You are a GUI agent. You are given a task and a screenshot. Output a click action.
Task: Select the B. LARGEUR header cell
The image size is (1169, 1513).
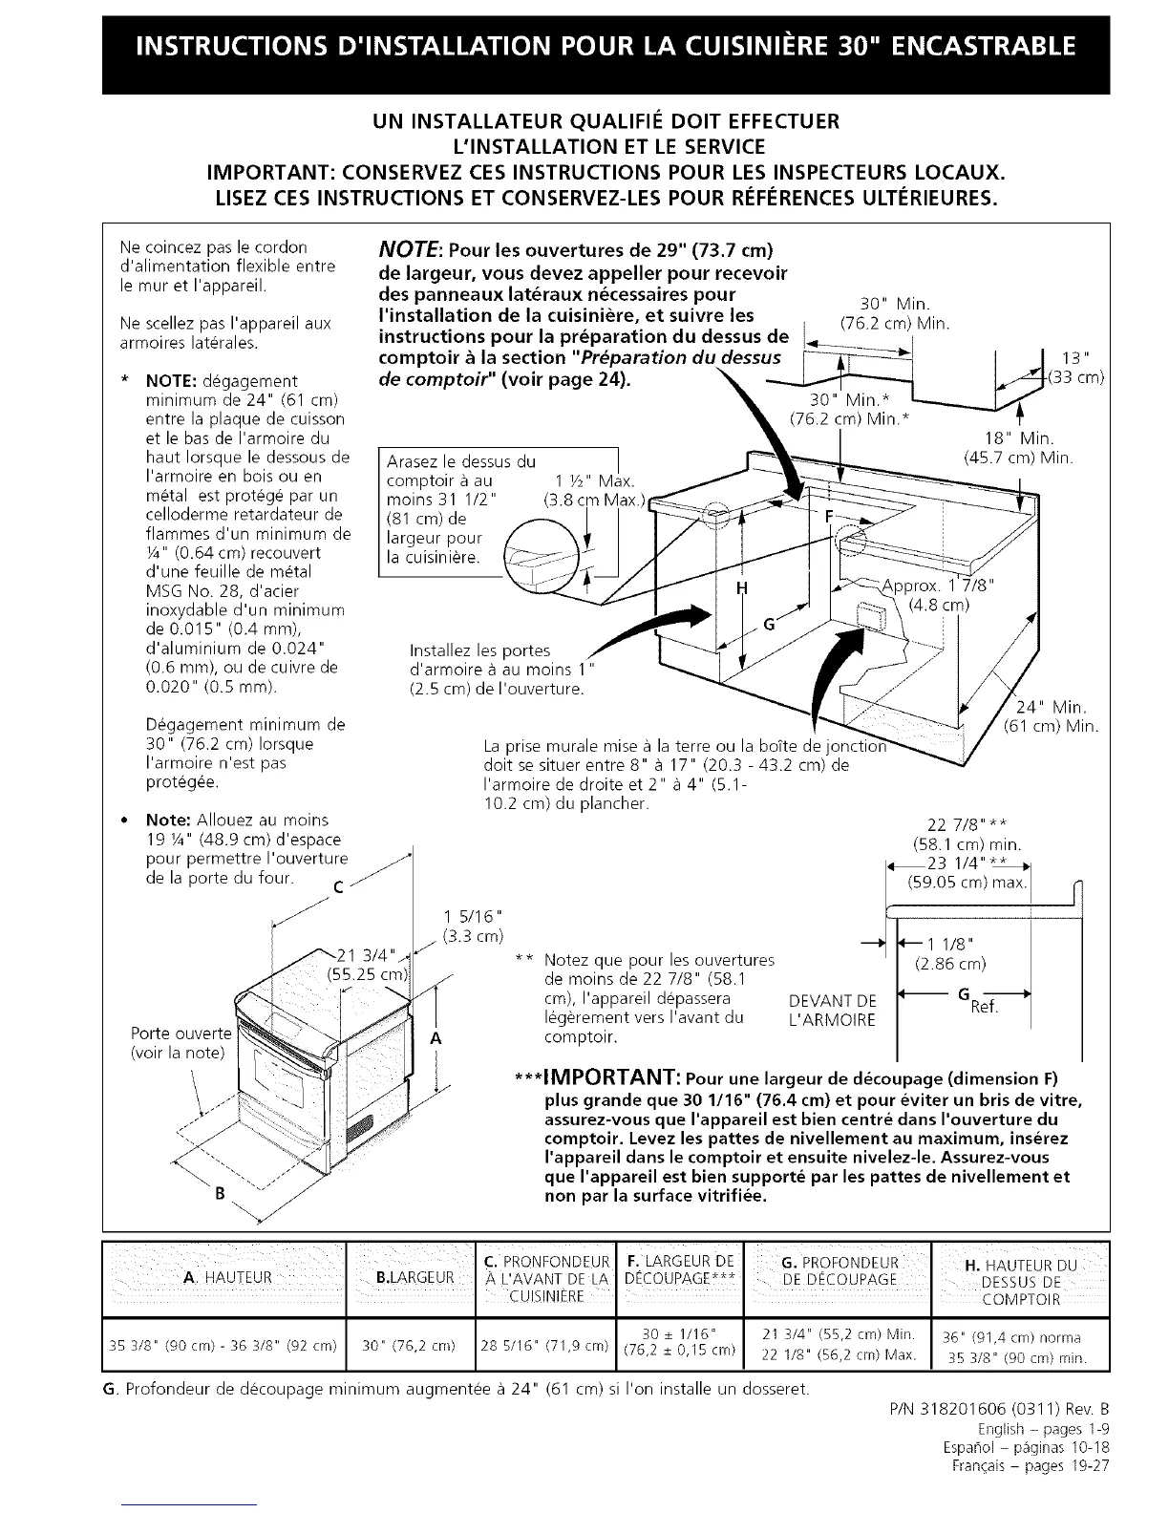tap(414, 1278)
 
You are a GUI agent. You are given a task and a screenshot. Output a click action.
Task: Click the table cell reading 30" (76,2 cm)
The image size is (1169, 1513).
tap(414, 1346)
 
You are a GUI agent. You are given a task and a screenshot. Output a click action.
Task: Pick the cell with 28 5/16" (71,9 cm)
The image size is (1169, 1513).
tap(544, 1346)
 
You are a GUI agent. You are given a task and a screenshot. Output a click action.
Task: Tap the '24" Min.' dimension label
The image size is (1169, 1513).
tap(1054, 708)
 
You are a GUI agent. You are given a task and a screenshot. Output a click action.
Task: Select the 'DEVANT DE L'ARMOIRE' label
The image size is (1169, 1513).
tap(833, 1011)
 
